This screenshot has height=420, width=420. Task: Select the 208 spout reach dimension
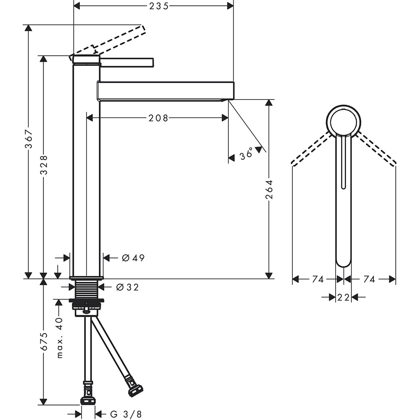click(158, 118)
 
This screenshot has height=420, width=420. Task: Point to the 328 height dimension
click(44, 165)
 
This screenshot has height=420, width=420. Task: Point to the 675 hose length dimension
click(44, 341)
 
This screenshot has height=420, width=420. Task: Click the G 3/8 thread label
click(126, 414)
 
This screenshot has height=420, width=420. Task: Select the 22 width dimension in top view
click(343, 297)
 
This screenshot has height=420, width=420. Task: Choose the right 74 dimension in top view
click(369, 279)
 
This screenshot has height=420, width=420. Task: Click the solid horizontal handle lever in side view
click(127, 62)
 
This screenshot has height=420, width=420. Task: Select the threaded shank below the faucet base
click(87, 289)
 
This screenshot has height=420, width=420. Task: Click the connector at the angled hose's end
click(135, 390)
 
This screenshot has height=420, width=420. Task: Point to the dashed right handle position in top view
click(376, 150)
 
